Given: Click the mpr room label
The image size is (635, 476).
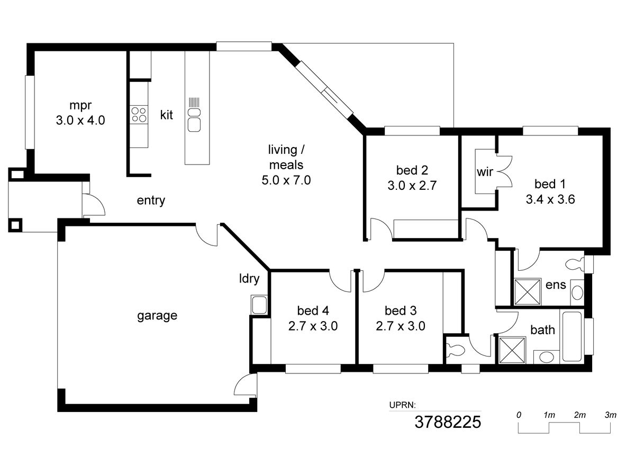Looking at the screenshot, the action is point(80,105).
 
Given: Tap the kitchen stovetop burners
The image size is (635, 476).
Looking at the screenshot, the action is point(139,114).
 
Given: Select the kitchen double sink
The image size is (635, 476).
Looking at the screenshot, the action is point(194,120).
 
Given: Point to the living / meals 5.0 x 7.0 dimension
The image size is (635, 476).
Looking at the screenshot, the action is point(286,180).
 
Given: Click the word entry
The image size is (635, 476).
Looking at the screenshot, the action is point(151,200).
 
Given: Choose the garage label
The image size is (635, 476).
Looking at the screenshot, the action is point(157,315).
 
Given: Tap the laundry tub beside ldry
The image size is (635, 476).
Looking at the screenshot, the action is point(259,305).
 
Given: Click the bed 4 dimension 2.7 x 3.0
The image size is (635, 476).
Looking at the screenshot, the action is point(313,326).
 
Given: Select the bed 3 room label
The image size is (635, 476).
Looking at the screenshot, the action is point(401,310).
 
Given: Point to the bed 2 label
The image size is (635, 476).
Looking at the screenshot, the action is point(412,170).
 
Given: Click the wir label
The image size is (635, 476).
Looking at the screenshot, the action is point(485,172).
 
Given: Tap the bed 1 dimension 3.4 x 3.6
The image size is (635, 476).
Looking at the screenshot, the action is point(550,199).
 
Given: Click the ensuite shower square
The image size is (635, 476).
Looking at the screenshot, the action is point(528,291).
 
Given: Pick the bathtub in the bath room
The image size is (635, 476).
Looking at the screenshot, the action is point(572,336).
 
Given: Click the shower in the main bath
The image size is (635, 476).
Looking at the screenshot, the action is point(512,350).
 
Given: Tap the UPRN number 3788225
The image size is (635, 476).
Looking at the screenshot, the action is point(448,422).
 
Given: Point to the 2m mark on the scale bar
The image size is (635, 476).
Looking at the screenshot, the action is point(580,415).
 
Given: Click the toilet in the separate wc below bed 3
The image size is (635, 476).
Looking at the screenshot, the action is point(455,351).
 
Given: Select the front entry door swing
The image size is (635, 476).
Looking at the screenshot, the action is point(94,205).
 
